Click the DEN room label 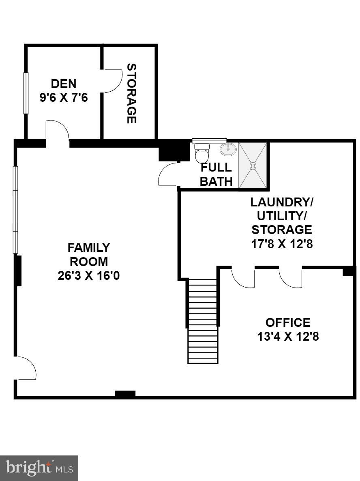point(64,84)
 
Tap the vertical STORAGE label point(131,93)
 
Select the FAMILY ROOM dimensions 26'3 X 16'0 point(89,276)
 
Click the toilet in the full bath point(201,153)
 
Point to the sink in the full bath point(228,149)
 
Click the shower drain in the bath point(253,165)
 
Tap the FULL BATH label point(216,174)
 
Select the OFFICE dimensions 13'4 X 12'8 point(288,337)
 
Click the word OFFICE point(288,322)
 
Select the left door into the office point(243,277)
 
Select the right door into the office point(291,277)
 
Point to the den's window point(26,93)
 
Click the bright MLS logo point(39,468)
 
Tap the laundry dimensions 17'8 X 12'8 point(282,245)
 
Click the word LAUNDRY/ point(282,202)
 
